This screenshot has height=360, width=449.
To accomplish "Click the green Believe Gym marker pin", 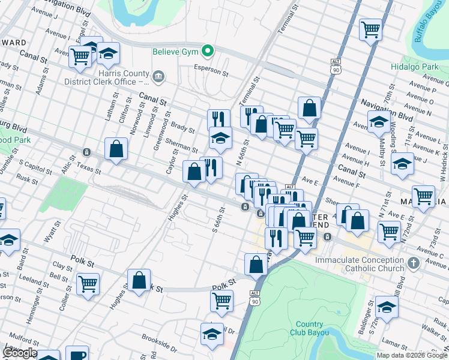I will click(x=208, y=52).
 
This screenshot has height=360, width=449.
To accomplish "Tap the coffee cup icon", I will click(x=77, y=355).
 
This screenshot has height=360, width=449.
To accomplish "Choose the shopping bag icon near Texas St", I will click(x=116, y=149).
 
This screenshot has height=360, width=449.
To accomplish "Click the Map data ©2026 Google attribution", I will click(x=412, y=355).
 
